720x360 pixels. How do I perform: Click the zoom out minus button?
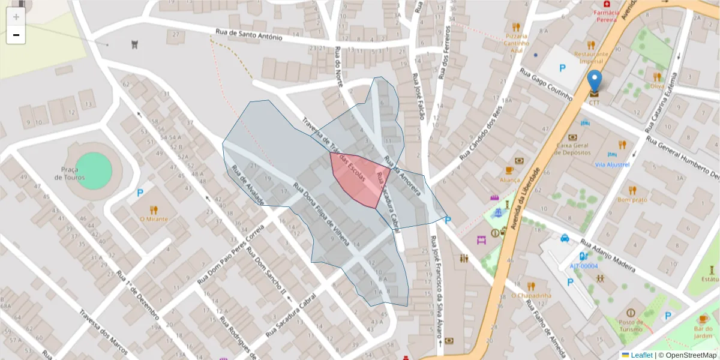tap(16, 35)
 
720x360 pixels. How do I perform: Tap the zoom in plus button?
tap(16, 17)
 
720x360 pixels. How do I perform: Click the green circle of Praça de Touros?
tap(94, 170)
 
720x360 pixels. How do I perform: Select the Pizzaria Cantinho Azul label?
tap(516, 43)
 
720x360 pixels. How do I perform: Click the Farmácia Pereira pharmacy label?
tap(606, 16)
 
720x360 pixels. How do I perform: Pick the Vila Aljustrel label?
tap(612, 164)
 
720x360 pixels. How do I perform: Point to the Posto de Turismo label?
tap(631, 325)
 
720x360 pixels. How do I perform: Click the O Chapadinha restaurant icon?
tap(530, 286)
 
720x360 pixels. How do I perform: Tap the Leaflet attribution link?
tap(641, 355)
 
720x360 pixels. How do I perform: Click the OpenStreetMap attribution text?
tap(687, 355)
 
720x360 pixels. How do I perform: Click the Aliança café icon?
tap(509, 170)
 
